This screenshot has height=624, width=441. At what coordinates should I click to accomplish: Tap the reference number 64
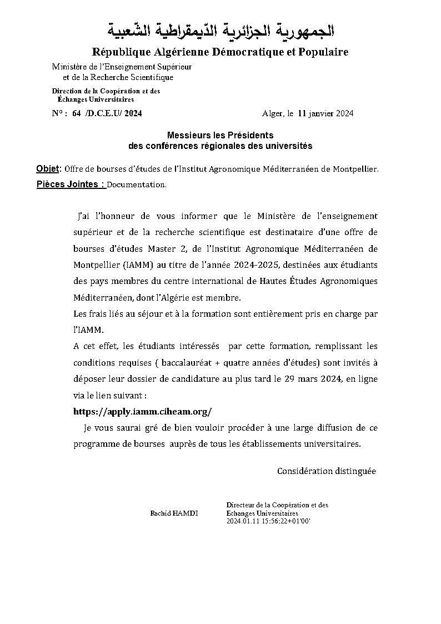point(76,113)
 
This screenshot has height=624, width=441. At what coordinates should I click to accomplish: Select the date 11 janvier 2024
point(325,113)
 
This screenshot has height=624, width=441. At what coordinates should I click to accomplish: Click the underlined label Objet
point(48,168)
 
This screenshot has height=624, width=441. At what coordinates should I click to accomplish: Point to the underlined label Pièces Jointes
point(71,184)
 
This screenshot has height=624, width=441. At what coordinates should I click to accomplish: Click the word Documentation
point(136,184)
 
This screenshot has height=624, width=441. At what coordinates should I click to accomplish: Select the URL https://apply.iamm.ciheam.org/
point(143,412)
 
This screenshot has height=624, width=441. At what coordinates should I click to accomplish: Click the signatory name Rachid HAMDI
point(174,513)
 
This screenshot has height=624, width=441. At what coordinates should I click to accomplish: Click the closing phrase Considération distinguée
point(327,471)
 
